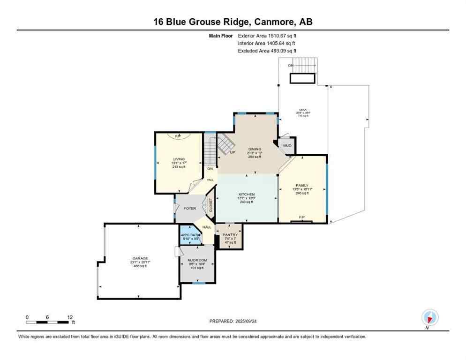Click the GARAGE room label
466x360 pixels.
click(140, 258)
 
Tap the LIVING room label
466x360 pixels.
click(179, 159)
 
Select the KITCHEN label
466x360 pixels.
click(246, 194)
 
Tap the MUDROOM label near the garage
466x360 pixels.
click(197, 260)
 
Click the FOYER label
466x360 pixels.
click(189, 209)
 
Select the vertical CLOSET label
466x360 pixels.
click(210, 205)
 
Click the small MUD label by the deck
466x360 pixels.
click(287, 145)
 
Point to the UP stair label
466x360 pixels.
click(232, 152)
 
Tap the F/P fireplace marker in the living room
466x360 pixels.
click(178, 136)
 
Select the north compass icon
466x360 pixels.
click(429, 317)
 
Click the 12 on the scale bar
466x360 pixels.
click(69, 317)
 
